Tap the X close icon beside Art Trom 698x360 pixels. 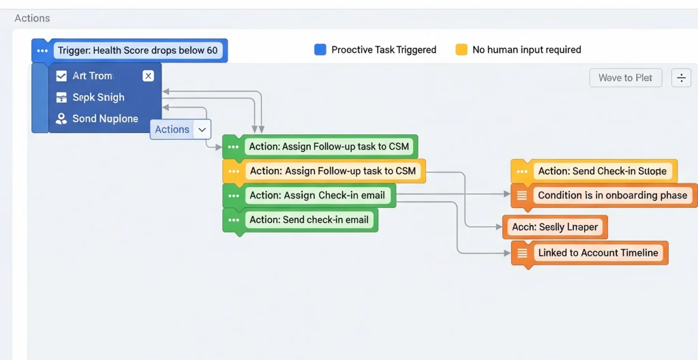pos(148,76)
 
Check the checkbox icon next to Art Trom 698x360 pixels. pos(61,76)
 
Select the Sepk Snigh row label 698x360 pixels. pos(98,97)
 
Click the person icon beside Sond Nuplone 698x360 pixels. pos(61,119)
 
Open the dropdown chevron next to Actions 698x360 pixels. pos(202,130)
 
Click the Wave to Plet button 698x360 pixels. pos(625,78)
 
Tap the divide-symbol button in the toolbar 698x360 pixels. pos(681,78)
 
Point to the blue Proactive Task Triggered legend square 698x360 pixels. pos(320,50)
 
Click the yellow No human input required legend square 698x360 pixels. pos(461,50)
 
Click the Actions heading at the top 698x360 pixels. pos(32,18)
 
